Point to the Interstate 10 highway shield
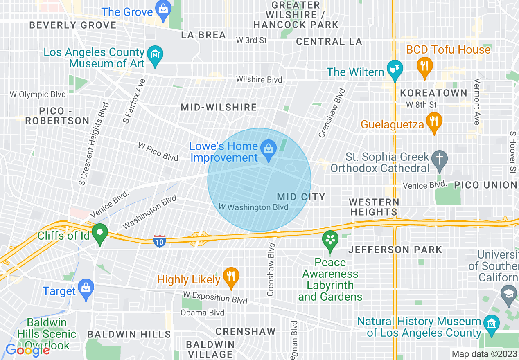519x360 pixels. tap(160, 241)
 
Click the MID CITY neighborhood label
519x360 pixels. tap(301, 197)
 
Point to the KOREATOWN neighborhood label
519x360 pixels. tap(433, 93)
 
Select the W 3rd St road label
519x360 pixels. tap(251, 40)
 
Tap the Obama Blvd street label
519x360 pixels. tap(203, 313)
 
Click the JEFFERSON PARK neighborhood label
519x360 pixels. tap(395, 250)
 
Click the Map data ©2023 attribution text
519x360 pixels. tap(484, 354)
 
